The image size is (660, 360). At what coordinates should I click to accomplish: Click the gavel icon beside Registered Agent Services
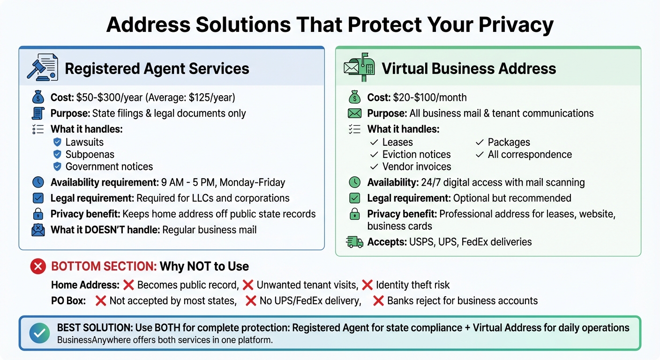[x=43, y=68]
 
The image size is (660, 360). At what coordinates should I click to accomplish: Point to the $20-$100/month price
[x=430, y=97]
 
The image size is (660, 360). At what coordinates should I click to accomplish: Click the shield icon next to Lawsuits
[x=58, y=142]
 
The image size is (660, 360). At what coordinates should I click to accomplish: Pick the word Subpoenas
[x=90, y=154]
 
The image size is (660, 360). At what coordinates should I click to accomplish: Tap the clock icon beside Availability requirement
[x=38, y=182]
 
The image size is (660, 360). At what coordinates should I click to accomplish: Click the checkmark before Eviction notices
[x=374, y=155]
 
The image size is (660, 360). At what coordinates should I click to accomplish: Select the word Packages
[x=509, y=142]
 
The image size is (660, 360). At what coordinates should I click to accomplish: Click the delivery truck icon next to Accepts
[x=354, y=242]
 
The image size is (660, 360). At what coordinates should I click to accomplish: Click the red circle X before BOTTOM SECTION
[x=38, y=267]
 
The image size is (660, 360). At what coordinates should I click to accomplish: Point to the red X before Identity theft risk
[x=367, y=285]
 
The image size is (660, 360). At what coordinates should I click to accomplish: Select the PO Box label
[x=68, y=300]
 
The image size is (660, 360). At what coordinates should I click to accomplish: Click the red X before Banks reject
[x=378, y=300]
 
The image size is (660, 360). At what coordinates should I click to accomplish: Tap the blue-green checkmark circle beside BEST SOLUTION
[x=39, y=333]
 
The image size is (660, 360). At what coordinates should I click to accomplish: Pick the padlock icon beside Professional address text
[x=355, y=214]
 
